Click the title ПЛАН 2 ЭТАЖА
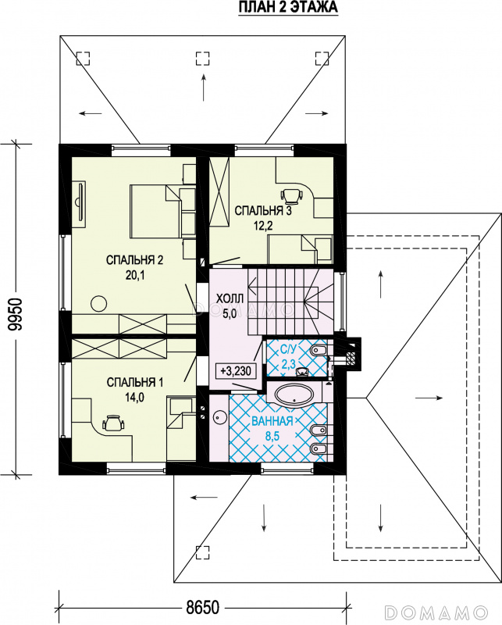[x=288, y=7]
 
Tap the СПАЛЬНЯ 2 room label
[x=134, y=260]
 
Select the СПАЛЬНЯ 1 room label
[x=134, y=383]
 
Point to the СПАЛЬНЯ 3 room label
[x=263, y=210]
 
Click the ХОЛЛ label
[x=230, y=298]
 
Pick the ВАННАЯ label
[x=272, y=421]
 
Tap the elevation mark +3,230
[x=236, y=371]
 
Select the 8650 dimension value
[x=202, y=608]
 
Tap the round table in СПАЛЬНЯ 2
[x=99, y=304]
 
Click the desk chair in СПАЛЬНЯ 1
[x=113, y=423]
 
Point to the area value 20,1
[x=135, y=276]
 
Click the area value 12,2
[x=263, y=226]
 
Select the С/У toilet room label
[x=288, y=350]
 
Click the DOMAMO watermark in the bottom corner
[x=437, y=612]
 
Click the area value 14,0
[x=135, y=398]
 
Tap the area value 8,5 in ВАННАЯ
[x=272, y=436]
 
